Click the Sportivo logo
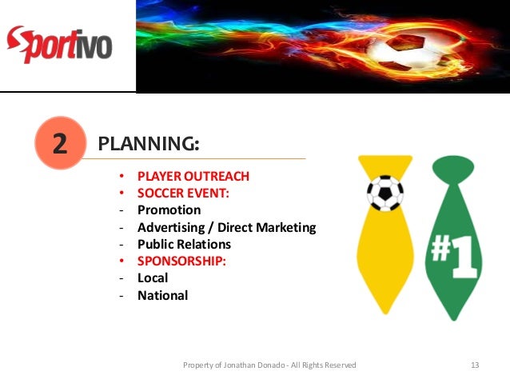point(59,44)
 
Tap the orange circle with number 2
point(60,143)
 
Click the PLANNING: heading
point(148,144)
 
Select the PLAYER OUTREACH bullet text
point(193,176)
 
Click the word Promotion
point(169,209)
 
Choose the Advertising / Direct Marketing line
point(226,227)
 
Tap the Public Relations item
point(184,244)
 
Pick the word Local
point(153,277)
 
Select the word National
point(162,295)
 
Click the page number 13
point(475,365)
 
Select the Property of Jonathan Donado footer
point(269,365)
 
